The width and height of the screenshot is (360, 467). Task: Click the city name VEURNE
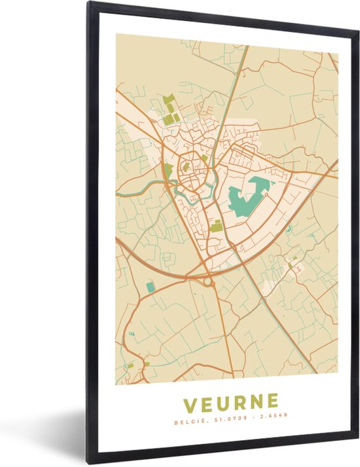(x=230, y=402)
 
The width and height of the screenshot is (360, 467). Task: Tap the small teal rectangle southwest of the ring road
(x=151, y=287)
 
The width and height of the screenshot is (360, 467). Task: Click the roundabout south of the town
(x=209, y=282)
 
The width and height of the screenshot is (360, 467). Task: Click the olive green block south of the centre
(x=216, y=226)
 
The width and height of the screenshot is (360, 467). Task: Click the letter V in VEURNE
(x=190, y=402)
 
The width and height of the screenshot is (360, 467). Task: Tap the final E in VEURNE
(x=272, y=402)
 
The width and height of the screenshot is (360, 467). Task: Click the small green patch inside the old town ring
(x=186, y=166)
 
